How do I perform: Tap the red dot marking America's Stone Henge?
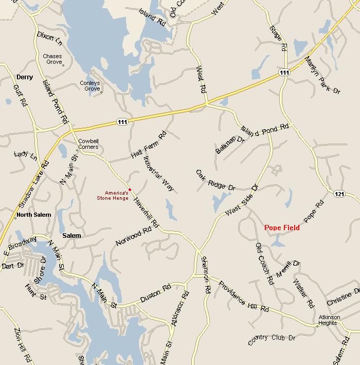click(x=130, y=189)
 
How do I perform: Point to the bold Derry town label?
click(x=24, y=77)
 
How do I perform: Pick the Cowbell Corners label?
click(x=88, y=143)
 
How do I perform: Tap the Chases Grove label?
click(x=52, y=59)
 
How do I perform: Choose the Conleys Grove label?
click(x=89, y=85)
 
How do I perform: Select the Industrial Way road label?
click(x=159, y=173)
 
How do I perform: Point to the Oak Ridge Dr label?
click(x=215, y=180)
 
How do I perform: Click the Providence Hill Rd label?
click(x=243, y=296)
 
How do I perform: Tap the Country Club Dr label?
click(x=272, y=339)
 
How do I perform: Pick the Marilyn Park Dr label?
click(x=322, y=75)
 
